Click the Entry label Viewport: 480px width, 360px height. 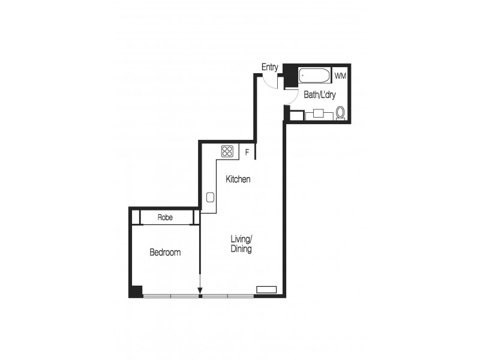point(269,67)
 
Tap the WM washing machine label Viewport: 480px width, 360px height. point(340,76)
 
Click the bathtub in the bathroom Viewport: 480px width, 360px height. point(314,76)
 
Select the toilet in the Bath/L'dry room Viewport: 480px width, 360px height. point(341,113)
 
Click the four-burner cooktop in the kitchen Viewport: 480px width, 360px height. point(227,151)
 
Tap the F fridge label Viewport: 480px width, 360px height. point(247,152)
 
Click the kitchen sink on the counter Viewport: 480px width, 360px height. point(210,197)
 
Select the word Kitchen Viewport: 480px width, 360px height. point(238,179)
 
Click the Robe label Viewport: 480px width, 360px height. point(165,217)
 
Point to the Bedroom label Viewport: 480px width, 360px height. point(165,253)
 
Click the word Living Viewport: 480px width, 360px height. point(241,239)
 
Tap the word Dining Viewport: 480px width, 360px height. point(241,249)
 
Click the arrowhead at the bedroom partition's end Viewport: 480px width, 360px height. point(200,293)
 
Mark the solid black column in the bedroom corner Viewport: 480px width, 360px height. point(136,291)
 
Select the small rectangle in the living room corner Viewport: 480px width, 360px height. point(266,289)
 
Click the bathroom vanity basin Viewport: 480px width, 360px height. point(319,113)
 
